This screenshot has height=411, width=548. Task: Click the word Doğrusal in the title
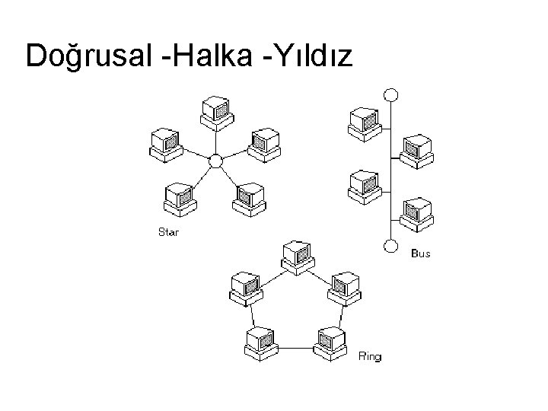click(x=91, y=56)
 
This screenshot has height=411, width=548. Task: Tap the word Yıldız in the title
click(x=309, y=56)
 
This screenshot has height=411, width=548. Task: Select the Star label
click(x=168, y=232)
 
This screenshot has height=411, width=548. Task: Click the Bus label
click(x=420, y=253)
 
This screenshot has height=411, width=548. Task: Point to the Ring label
click(x=370, y=356)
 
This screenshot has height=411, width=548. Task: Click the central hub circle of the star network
click(x=215, y=161)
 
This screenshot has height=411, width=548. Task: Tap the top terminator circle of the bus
click(x=390, y=95)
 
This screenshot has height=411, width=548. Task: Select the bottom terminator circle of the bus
click(x=390, y=246)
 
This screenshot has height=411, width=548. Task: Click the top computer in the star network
click(x=215, y=112)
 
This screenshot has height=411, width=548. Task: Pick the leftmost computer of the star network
click(x=165, y=145)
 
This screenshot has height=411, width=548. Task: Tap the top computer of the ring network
click(x=295, y=256)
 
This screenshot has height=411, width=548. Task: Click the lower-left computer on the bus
click(x=363, y=185)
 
